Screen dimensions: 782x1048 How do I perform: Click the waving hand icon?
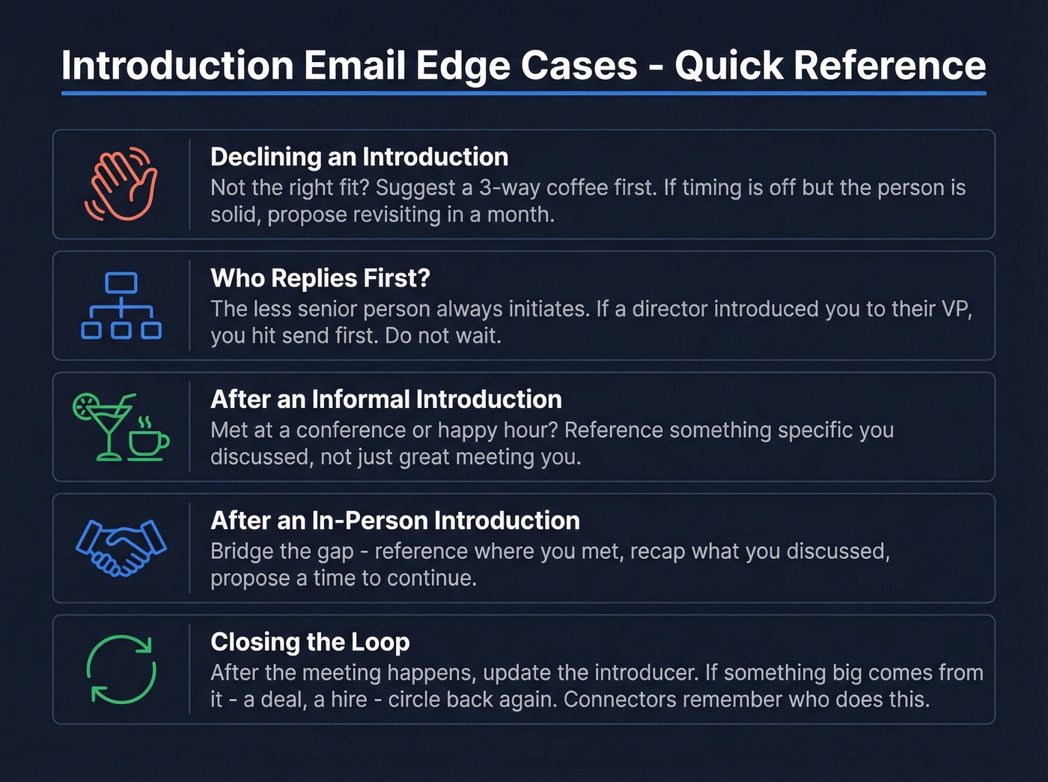click(121, 184)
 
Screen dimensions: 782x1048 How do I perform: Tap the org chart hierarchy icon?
click(121, 305)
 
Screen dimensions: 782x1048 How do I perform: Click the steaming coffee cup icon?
click(147, 439)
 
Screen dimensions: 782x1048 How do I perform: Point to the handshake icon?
click(121, 548)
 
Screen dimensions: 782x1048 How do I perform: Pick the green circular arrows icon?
click(121, 669)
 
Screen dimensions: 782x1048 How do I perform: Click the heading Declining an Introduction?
click(359, 157)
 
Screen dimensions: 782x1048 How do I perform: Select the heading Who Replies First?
click(320, 278)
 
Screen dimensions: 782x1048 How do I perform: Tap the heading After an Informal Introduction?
click(386, 400)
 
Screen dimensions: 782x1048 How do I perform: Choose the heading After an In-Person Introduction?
click(395, 521)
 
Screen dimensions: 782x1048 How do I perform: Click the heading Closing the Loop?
click(310, 642)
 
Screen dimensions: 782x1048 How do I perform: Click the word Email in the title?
click(354, 66)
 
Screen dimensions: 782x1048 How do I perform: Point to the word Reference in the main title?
click(889, 66)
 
